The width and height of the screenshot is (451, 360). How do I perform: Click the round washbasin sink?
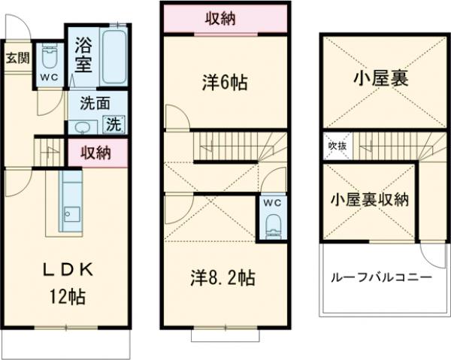click(82, 126)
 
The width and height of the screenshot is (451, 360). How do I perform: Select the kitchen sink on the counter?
click(71, 214)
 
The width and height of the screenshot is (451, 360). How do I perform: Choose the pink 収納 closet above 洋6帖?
click(224, 19)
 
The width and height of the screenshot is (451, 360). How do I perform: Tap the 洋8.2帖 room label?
click(222, 278)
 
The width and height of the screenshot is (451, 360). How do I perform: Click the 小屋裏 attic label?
click(382, 79)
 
